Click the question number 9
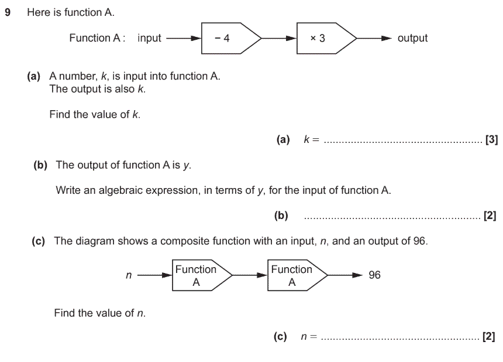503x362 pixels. click(x=8, y=12)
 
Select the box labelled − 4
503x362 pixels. click(x=231, y=38)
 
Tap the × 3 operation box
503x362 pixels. click(x=326, y=38)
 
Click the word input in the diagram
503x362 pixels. click(x=149, y=38)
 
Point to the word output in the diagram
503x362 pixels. click(x=412, y=38)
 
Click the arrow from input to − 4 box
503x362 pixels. click(x=184, y=39)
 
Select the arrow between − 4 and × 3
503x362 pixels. click(x=279, y=39)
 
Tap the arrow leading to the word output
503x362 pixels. click(x=374, y=39)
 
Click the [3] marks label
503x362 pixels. click(x=492, y=140)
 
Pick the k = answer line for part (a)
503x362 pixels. click(x=403, y=142)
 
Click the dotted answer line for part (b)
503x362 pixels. click(x=392, y=218)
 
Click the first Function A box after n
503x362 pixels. click(x=202, y=275)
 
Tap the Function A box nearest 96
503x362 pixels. click(x=297, y=275)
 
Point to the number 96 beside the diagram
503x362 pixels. click(x=374, y=275)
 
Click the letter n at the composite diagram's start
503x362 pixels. click(x=129, y=275)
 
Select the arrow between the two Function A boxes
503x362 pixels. click(x=250, y=275)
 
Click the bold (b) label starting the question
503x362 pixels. click(x=40, y=165)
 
